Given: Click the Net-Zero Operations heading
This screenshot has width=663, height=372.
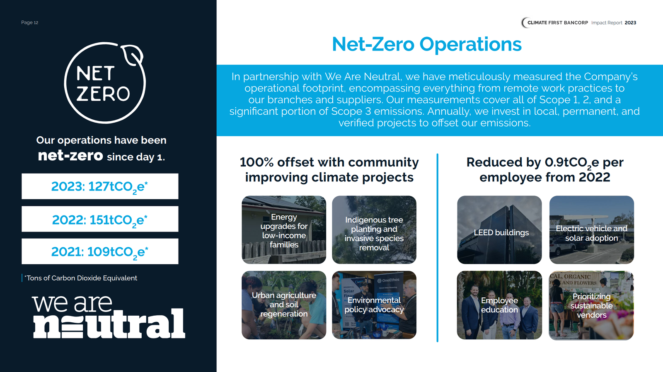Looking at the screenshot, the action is tap(426, 44).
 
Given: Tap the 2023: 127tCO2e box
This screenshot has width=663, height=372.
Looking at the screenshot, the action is tap(100, 186).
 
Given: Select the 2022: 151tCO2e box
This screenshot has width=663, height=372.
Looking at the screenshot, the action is tap(100, 219).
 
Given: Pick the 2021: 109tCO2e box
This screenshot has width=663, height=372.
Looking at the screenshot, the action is tap(100, 251).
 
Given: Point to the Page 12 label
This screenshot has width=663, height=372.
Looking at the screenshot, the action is tap(29, 22).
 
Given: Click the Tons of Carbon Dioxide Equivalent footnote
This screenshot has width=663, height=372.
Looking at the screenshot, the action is tap(81, 278).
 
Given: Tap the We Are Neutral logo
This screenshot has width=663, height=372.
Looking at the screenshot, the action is tap(109, 316).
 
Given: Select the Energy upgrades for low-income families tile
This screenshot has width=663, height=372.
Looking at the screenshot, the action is tap(284, 229).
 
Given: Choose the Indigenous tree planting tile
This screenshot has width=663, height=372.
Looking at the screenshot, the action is tap(374, 229).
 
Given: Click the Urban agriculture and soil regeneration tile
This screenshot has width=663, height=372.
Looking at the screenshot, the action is tap(284, 305).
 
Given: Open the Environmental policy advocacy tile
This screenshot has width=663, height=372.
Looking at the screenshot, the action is tap(374, 305).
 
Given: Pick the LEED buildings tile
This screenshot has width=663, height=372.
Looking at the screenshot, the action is tap(499, 229).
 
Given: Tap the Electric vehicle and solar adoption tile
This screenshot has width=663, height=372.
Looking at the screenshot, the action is tap(592, 229).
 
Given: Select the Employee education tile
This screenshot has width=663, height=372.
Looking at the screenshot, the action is tap(499, 305).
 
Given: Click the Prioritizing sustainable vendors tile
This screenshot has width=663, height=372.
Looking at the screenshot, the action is tap(592, 305).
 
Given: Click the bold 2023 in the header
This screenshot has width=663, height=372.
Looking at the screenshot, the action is tap(630, 23).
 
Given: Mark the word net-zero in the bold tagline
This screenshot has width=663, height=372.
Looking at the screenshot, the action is tap(70, 156).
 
